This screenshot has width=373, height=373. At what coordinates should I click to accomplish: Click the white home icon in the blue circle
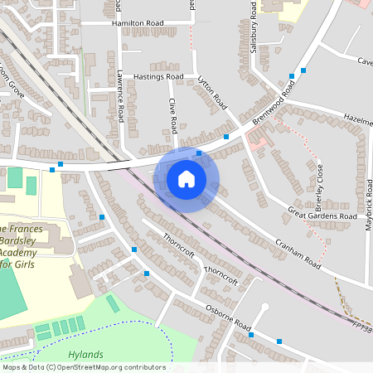tap(186, 178)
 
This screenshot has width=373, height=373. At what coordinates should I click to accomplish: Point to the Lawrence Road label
tap(121, 96)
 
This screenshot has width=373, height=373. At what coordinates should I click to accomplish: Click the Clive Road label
tap(174, 115)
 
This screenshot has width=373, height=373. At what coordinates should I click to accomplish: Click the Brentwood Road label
tap(276, 108)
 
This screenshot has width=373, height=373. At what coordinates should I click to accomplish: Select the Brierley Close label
tap(319, 187)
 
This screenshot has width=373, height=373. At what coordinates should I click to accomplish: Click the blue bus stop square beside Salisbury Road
tap(292, 76)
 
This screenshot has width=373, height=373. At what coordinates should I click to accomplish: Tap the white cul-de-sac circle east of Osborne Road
tap(264, 307)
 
